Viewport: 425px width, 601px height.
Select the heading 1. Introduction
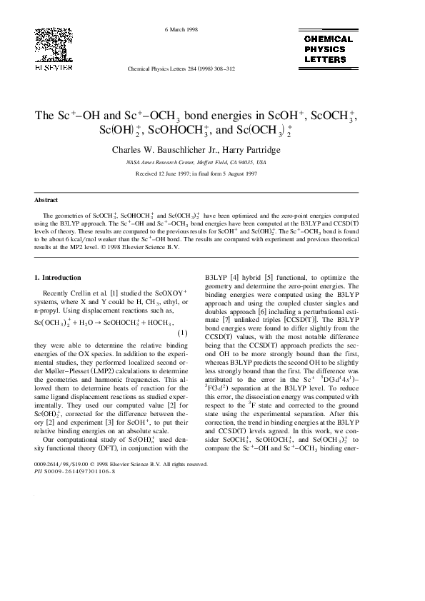58,277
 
